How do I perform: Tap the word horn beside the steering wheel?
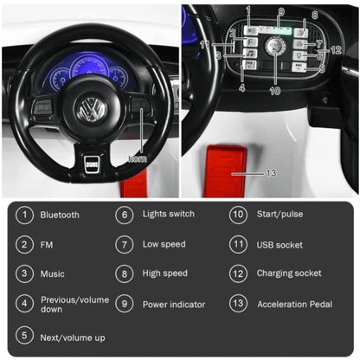coord(138,158)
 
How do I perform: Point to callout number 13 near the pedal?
coord(271,173)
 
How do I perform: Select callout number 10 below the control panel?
coord(274,89)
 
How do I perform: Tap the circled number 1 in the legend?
coord(23,215)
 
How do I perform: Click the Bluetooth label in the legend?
coord(60,215)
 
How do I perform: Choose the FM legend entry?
coord(47,245)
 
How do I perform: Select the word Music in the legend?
coord(53,274)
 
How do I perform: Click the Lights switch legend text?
coord(169,215)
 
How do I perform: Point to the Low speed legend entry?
coord(164,245)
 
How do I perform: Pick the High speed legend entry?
coord(165,274)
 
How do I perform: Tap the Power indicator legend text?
coord(174,305)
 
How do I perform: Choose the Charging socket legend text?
coord(289,274)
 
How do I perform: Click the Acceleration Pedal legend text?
coord(294,305)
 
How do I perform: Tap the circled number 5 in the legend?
coord(23,335)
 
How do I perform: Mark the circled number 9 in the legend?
coord(125,305)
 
